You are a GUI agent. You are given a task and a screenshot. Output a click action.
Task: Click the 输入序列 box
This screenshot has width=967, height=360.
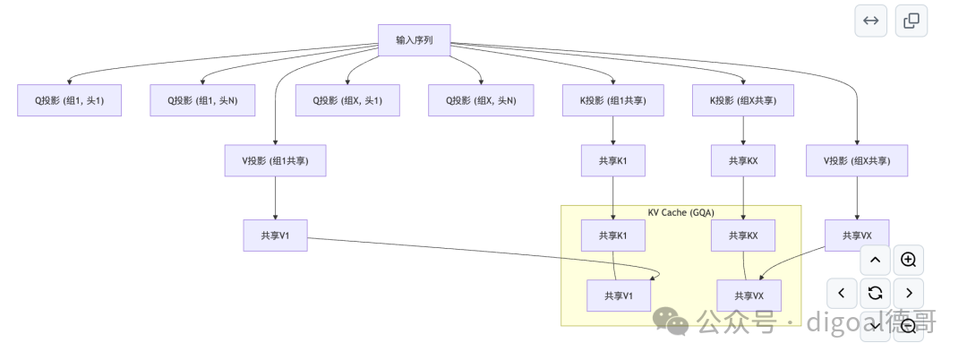click(x=415, y=40)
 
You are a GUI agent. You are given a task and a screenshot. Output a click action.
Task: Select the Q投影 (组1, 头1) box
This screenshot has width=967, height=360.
click(x=70, y=100)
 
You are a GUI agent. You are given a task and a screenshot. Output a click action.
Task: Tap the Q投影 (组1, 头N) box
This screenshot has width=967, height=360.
click(x=202, y=100)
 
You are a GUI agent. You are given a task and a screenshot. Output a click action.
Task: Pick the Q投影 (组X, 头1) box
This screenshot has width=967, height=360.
click(x=347, y=100)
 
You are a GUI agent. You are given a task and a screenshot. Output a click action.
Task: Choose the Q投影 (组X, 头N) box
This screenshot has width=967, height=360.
click(x=481, y=100)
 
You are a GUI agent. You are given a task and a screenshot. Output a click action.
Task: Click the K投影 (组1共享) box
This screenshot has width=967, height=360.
click(x=613, y=100)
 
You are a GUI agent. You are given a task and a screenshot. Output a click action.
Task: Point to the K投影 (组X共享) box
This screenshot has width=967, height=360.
click(x=743, y=100)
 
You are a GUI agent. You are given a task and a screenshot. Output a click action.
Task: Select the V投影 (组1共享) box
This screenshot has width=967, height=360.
click(x=275, y=161)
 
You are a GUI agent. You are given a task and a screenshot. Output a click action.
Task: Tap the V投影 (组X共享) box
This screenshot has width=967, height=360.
click(x=857, y=161)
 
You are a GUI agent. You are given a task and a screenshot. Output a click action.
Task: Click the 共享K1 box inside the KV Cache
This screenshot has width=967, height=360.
click(x=613, y=236)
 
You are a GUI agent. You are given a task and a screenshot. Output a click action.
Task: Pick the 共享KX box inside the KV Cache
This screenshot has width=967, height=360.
click(x=743, y=236)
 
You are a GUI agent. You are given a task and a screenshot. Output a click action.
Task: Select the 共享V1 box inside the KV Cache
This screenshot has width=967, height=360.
click(x=619, y=296)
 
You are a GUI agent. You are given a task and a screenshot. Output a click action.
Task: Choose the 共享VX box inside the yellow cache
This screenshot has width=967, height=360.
click(x=749, y=296)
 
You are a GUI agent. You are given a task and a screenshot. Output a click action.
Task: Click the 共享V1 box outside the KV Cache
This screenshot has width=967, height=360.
click(x=275, y=236)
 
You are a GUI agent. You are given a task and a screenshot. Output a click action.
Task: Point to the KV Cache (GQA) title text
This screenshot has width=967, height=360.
click(x=680, y=212)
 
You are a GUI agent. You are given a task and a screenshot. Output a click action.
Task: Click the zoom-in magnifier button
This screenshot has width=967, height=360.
click(x=909, y=260)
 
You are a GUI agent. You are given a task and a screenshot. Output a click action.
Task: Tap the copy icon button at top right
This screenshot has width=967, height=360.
click(x=911, y=21)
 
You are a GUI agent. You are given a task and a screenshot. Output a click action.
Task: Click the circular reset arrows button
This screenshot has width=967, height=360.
click(x=875, y=293)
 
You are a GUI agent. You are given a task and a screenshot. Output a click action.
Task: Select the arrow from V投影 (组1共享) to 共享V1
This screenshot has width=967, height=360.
click(x=275, y=198)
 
